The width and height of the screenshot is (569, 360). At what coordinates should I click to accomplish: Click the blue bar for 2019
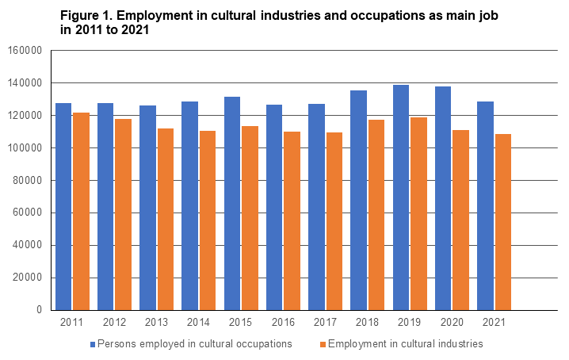[401, 197]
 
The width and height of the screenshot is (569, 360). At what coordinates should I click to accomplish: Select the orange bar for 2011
[81, 211]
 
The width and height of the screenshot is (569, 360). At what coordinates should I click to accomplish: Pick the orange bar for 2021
[502, 222]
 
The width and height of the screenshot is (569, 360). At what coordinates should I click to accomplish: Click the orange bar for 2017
[334, 221]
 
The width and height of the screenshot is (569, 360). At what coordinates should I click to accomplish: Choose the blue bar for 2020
[443, 198]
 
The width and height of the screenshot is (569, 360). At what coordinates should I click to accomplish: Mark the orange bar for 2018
[376, 215]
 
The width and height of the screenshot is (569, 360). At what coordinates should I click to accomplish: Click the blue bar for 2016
[274, 207]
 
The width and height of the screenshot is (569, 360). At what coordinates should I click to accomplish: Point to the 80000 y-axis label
[27, 181]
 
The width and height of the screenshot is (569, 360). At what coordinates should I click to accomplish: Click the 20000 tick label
[27, 278]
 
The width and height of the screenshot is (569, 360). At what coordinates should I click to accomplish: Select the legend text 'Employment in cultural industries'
[405, 344]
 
